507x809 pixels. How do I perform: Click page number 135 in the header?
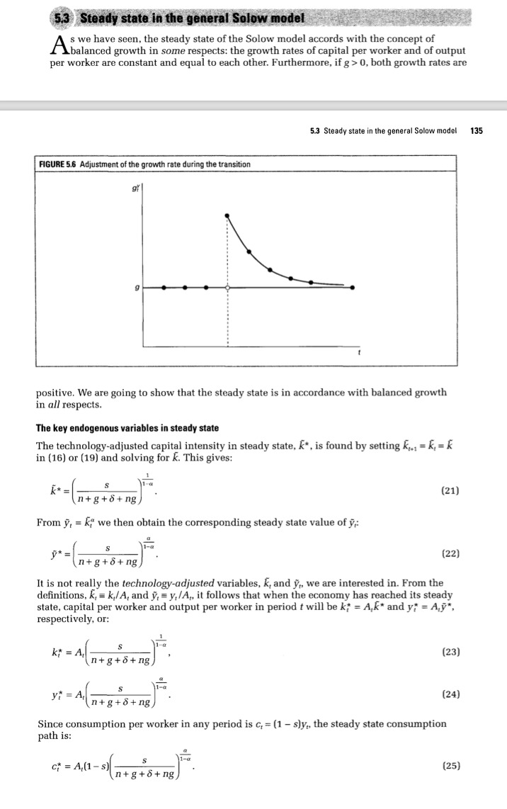pyautogui.click(x=477, y=130)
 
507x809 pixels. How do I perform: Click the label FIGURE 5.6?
pyautogui.click(x=58, y=164)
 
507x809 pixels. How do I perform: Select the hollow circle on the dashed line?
pyautogui.click(x=227, y=288)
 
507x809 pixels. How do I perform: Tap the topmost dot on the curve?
pyautogui.click(x=227, y=215)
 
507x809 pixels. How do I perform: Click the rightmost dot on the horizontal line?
pyautogui.click(x=353, y=288)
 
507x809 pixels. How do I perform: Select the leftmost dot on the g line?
pyautogui.click(x=164, y=288)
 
